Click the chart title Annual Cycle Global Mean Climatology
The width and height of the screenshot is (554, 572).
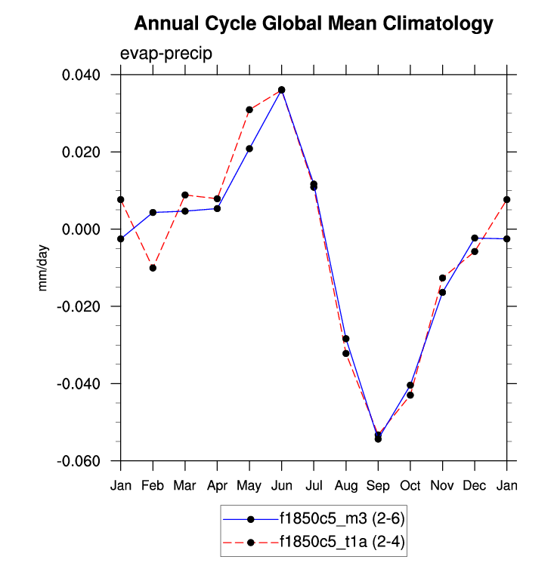[313, 24]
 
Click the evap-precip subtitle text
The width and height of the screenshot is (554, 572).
[166, 54]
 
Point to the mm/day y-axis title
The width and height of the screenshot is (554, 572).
[43, 267]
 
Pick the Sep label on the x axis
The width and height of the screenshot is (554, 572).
[378, 485]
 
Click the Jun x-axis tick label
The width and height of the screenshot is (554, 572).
[281, 485]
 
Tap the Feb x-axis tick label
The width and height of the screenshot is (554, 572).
[153, 485]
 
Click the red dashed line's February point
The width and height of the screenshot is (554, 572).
[153, 268]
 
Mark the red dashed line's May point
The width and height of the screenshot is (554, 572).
[249, 109]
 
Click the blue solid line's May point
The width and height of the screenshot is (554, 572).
[249, 149]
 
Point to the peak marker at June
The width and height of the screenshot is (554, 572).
[281, 90]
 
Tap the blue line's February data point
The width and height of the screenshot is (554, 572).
[153, 213]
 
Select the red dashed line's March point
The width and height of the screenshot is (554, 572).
[185, 195]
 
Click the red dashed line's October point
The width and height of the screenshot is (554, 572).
[410, 395]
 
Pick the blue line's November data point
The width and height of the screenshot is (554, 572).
[442, 292]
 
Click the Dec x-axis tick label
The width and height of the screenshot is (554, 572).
[475, 485]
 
